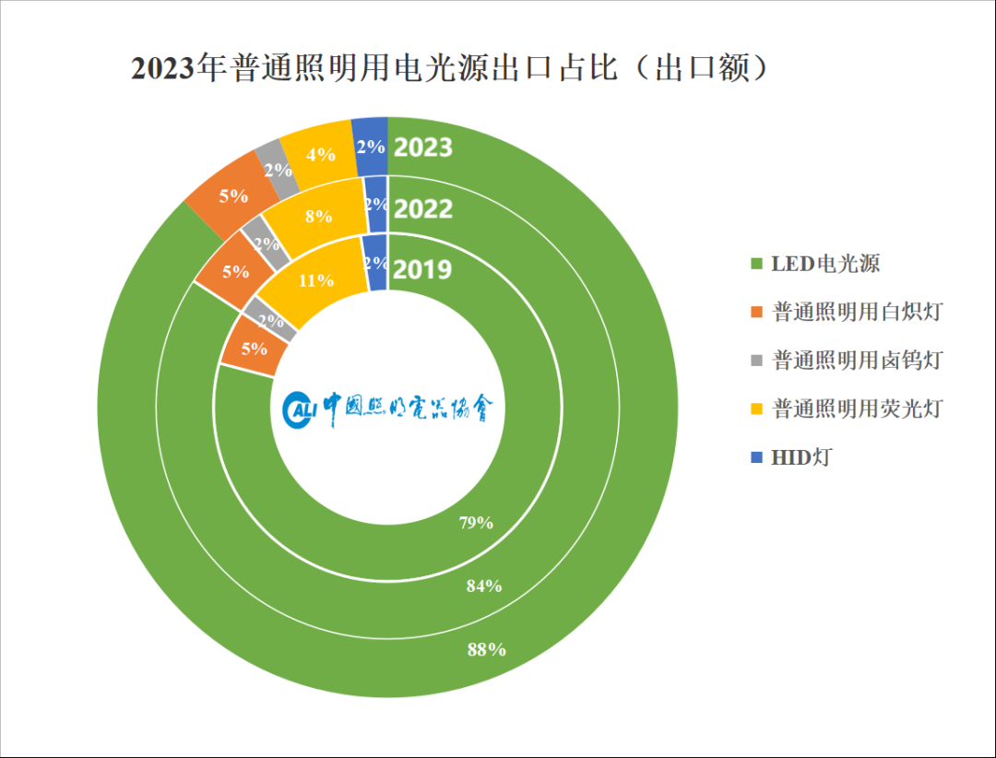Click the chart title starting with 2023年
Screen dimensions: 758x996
449,70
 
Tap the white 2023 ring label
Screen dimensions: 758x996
422,148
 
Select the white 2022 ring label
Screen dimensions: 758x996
422,209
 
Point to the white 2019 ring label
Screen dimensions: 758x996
422,269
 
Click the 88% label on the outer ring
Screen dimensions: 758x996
486,649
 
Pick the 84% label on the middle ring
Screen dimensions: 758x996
482,586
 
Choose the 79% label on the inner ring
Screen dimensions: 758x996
476,523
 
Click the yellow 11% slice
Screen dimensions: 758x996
315,279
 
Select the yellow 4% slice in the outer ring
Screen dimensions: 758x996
319,155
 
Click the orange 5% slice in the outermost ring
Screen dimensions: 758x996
233,195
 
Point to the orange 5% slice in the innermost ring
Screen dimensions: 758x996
253,349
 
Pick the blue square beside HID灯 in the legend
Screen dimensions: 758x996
757,456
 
